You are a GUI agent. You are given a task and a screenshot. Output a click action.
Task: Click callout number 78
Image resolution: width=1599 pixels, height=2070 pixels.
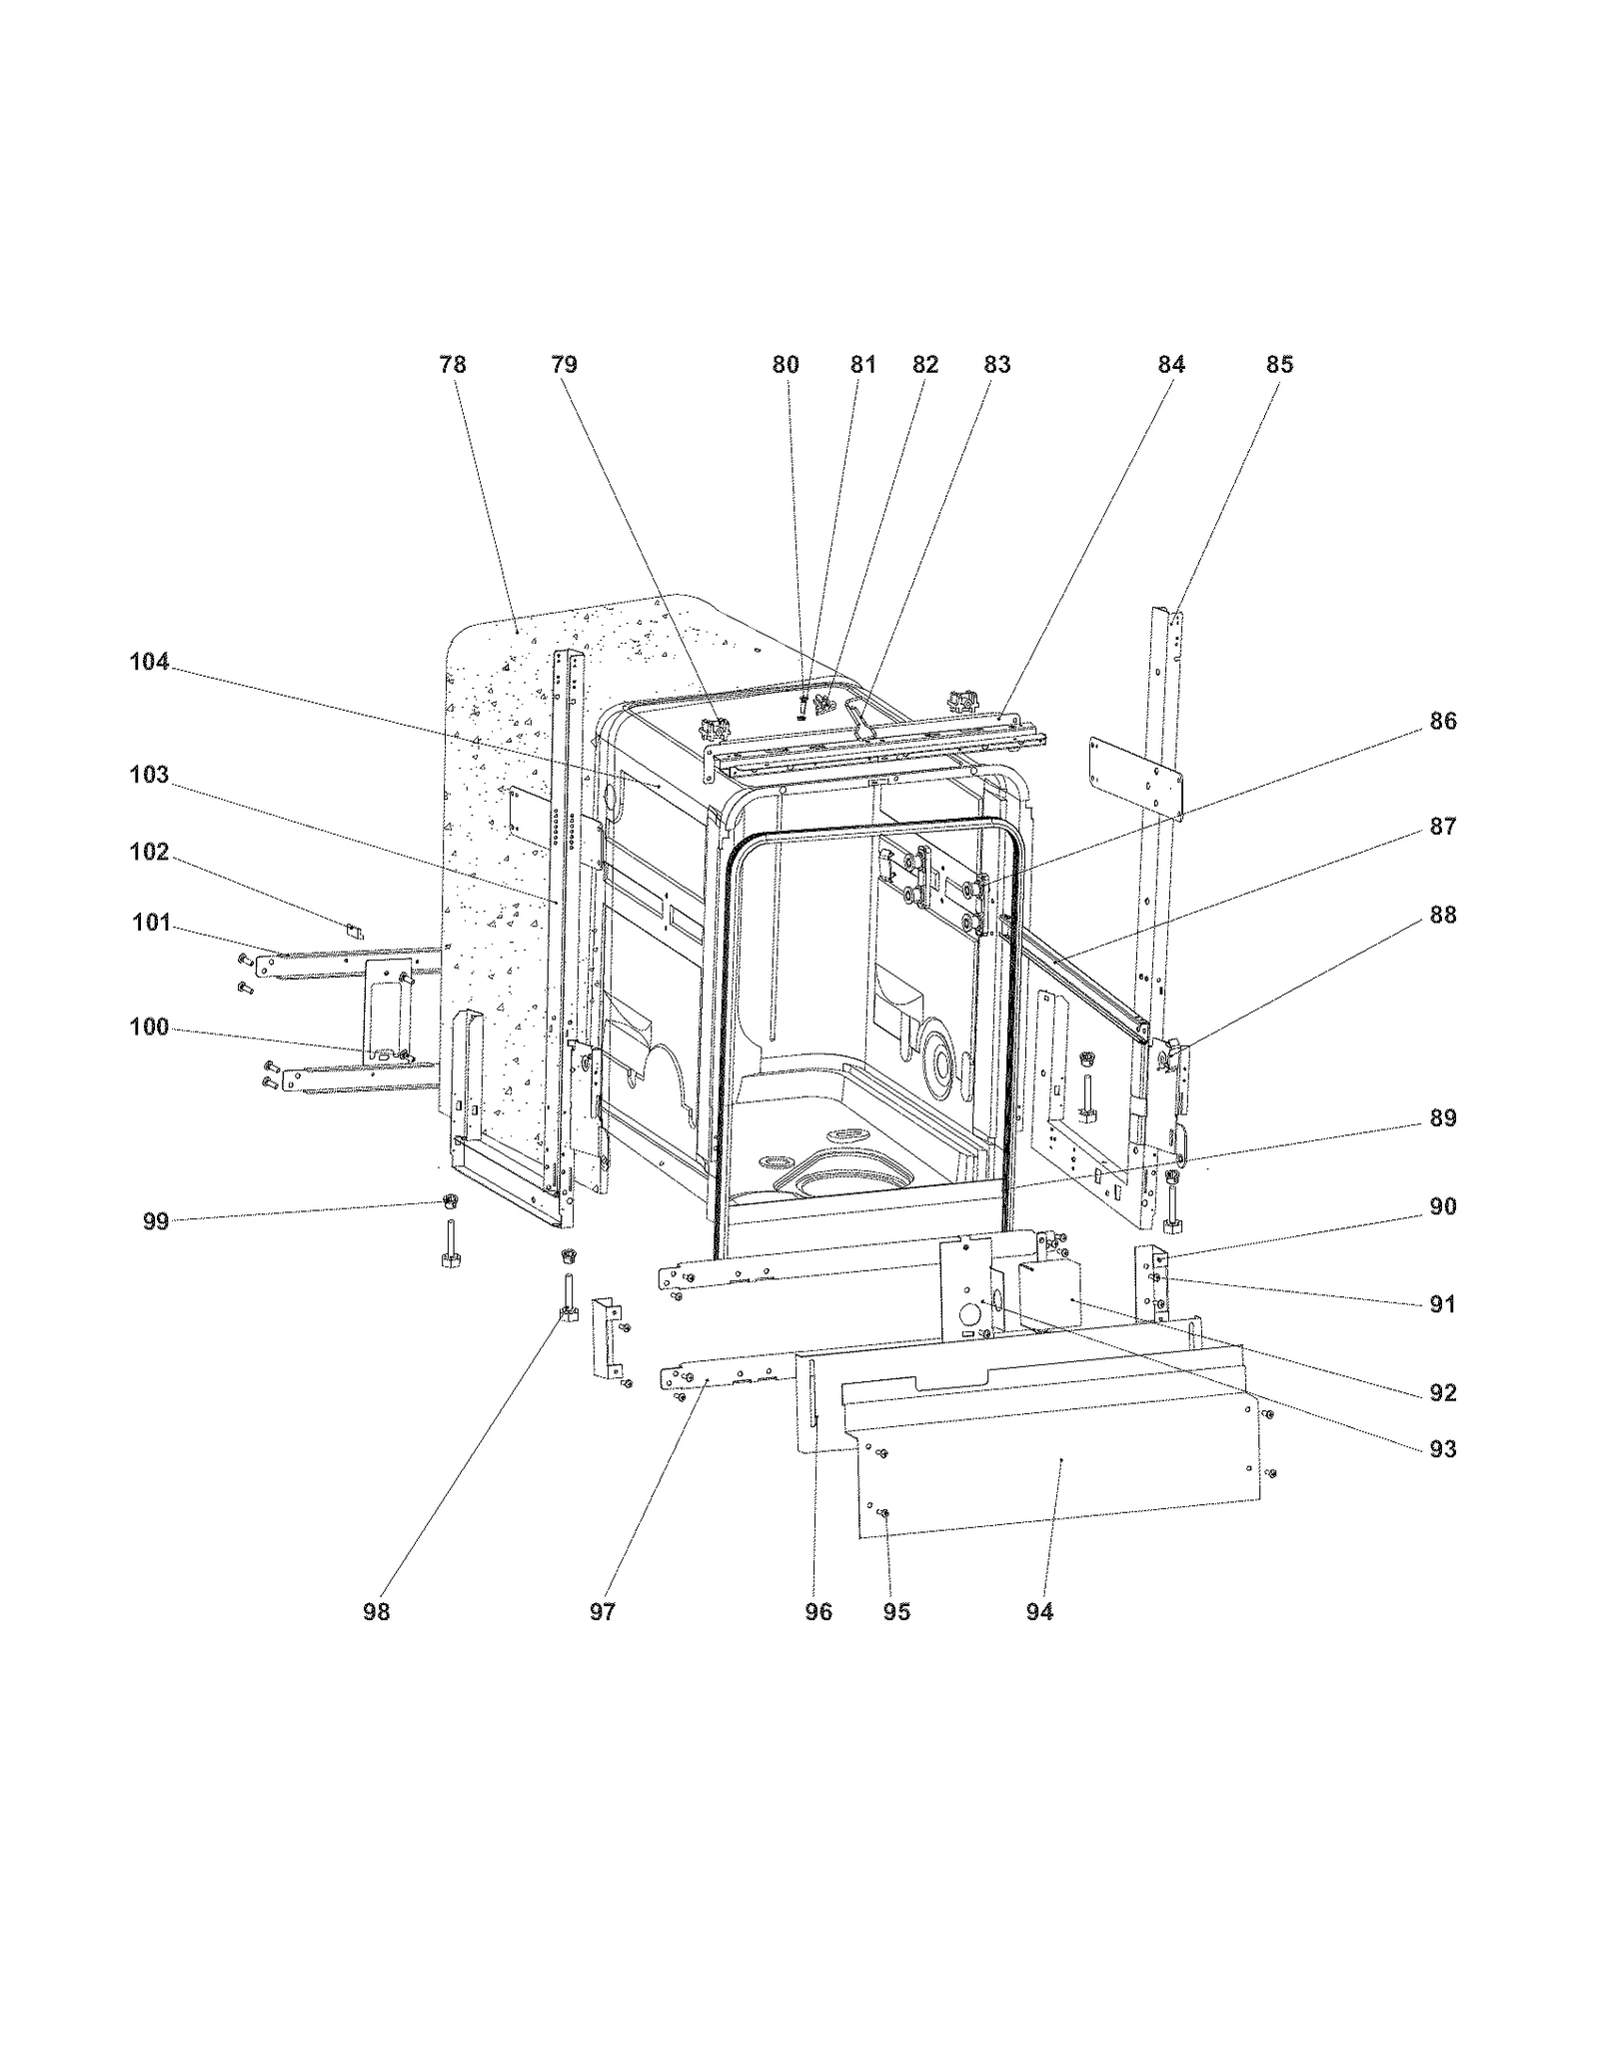coord(453,365)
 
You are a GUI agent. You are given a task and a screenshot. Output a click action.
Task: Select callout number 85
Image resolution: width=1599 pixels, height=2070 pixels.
coord(1279,365)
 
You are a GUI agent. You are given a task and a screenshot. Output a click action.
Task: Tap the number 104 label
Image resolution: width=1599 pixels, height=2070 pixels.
coord(149,662)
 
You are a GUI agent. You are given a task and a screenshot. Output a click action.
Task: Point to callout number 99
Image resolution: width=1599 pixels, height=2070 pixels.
coord(155,1221)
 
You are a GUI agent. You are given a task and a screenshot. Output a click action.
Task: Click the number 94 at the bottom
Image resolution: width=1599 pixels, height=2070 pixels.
coord(1039,1612)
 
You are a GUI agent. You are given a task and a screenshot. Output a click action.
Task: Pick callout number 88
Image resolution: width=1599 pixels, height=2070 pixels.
coord(1442,915)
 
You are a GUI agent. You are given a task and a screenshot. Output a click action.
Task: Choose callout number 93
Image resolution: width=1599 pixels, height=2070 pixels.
coord(1442,1449)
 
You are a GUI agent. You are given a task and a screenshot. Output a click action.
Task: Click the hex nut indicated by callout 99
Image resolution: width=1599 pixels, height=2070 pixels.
coord(450,1199)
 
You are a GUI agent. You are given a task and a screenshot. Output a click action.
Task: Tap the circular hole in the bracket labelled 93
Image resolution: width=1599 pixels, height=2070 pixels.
coord(967,1310)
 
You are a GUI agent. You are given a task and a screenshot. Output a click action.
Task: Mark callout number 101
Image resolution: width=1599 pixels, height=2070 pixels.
coord(151,922)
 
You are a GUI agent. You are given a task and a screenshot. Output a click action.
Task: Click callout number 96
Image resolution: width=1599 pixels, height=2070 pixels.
coord(817,1612)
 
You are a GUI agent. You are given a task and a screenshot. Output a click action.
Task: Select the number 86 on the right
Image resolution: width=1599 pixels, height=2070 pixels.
coord(1442,721)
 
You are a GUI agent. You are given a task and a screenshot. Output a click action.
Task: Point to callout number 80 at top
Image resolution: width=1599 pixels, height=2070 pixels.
coord(786,365)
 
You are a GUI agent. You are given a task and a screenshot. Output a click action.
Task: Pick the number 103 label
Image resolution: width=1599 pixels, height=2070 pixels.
coord(149,775)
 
